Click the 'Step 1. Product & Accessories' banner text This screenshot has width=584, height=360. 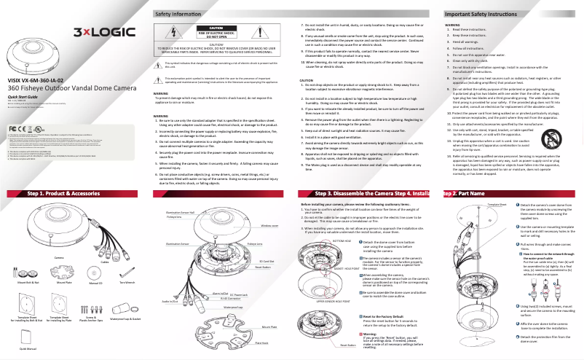[63, 193]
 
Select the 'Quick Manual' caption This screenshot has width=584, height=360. [27, 348]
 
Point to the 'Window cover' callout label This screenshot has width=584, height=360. [270, 226]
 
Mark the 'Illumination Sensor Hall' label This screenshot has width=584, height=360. [179, 211]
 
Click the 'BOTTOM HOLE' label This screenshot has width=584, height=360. [321, 240]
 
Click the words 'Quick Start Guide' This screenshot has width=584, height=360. [23, 96]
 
